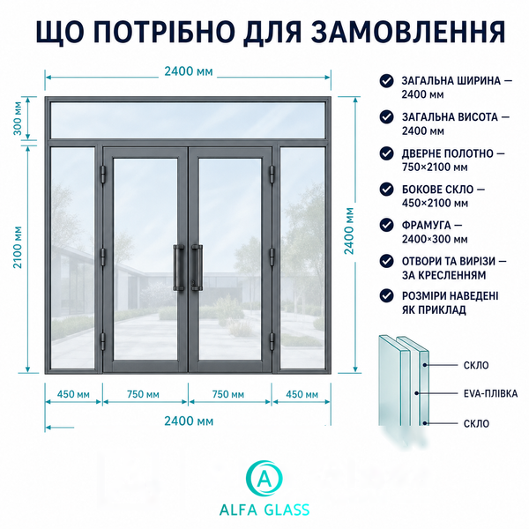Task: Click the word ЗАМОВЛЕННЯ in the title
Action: tap(408, 32)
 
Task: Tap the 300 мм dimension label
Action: tap(18, 118)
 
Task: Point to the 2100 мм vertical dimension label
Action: tap(18, 247)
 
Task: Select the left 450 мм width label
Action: tap(73, 394)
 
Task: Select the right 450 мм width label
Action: tap(302, 394)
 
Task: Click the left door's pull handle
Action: tap(179, 268)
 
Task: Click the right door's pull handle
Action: tap(197, 268)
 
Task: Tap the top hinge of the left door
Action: tap(103, 174)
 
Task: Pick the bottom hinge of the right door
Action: tap(272, 340)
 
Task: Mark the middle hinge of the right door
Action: tap(272, 257)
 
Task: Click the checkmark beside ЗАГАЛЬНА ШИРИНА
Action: tap(387, 81)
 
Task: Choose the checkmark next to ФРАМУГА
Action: tap(387, 225)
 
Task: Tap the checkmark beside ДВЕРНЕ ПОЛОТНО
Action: tap(387, 153)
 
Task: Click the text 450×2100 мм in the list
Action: tap(435, 203)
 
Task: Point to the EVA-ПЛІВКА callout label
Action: tap(490, 393)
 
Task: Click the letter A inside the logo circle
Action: tap(264, 478)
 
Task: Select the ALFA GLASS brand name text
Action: tap(264, 510)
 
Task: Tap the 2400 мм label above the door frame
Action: tap(189, 71)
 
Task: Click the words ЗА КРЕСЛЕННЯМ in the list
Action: tap(444, 275)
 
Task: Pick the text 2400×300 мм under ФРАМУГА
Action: tap(435, 239)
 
